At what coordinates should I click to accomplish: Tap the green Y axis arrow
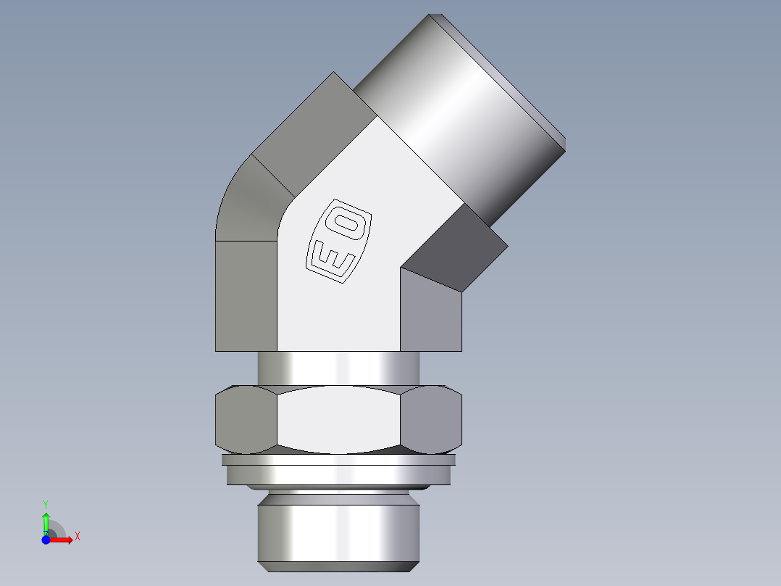pyautogui.click(x=45, y=521)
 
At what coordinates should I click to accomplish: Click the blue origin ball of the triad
pyautogui.click(x=46, y=540)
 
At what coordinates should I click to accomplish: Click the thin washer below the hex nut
pyautogui.click(x=338, y=459)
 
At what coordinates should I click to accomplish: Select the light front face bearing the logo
pyautogui.click(x=341, y=305)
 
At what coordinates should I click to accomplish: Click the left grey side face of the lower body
pyautogui.click(x=246, y=297)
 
